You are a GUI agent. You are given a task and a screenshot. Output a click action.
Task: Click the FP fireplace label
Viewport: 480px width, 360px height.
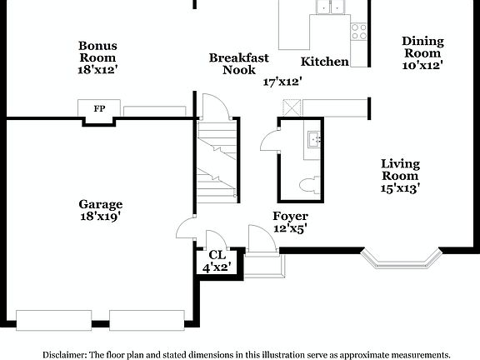coord(99,109)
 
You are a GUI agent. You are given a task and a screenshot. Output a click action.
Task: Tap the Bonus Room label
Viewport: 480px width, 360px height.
coord(98,52)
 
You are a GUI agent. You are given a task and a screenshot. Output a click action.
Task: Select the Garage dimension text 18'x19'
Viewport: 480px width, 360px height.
coord(101,217)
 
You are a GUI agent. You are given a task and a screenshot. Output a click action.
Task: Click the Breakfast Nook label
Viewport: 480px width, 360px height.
coord(239,63)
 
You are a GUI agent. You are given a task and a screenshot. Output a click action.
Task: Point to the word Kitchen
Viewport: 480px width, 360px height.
coord(324,62)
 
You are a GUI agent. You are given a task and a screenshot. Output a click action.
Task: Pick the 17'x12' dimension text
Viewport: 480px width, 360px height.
coord(282,82)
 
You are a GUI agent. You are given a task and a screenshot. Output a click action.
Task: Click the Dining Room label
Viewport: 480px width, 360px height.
coord(422,47)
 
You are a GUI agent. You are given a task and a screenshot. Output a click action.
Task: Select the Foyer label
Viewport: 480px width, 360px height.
coord(291,217)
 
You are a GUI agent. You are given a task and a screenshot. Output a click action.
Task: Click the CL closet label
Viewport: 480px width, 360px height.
coord(217,255)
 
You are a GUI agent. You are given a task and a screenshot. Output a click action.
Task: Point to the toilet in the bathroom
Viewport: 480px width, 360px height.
coord(307,183)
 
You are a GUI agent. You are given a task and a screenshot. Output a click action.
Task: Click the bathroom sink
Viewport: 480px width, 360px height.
coord(314,138)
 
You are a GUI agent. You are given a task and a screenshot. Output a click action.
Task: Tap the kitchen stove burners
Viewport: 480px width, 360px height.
coord(359,32)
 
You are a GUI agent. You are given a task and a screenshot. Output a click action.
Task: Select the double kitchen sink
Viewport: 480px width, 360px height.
coord(331,7)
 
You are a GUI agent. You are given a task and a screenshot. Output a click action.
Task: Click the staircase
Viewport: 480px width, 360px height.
coord(218,162)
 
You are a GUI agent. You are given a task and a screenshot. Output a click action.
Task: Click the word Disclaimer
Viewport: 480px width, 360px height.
coord(63,354)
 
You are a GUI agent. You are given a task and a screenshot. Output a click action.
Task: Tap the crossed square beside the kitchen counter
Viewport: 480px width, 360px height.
coord(292,107)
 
